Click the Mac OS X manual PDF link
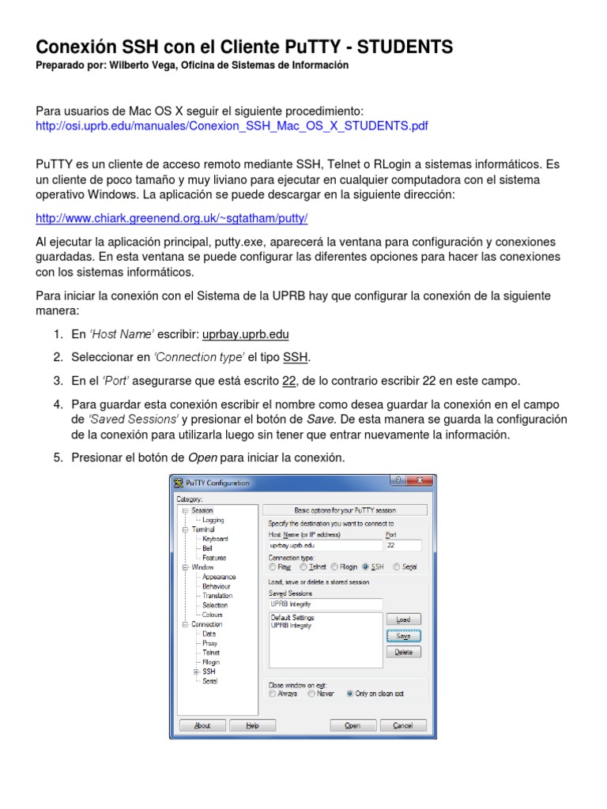(232, 126)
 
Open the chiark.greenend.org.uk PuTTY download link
(172, 218)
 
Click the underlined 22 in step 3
(289, 380)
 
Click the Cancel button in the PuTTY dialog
(402, 725)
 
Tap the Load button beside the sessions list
(403, 619)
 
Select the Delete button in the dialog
(403, 652)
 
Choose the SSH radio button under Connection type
(366, 566)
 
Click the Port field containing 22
(402, 545)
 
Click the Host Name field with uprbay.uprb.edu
(325, 545)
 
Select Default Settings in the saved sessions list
(292, 617)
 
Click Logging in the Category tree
(213, 520)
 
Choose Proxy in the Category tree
(210, 643)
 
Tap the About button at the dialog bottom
(202, 725)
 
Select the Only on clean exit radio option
(350, 694)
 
